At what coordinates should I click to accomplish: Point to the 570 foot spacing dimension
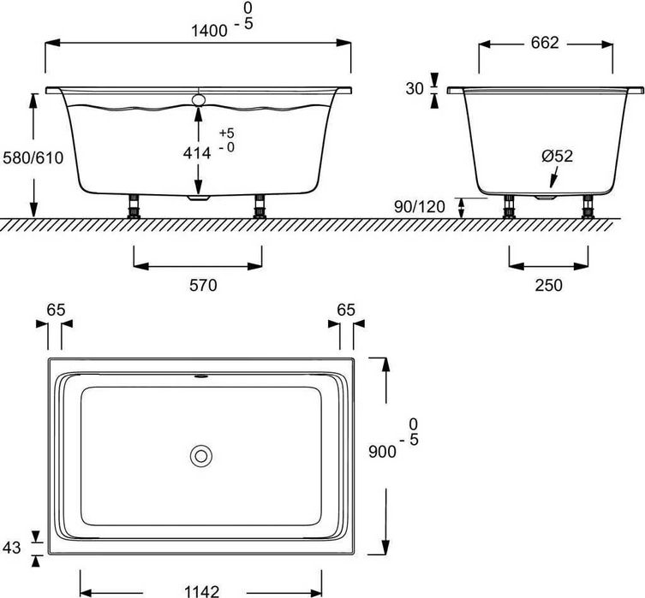tap(199, 285)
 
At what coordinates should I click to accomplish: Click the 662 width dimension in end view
tap(544, 43)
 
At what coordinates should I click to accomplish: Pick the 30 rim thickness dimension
tap(415, 90)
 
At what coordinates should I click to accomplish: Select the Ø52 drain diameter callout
tap(556, 156)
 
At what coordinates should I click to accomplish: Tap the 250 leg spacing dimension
tap(548, 285)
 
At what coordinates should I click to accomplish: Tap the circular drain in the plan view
tap(201, 455)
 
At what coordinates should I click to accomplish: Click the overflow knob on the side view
tap(200, 100)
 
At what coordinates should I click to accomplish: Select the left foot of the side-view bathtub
tap(134, 208)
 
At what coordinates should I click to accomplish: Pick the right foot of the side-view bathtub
tap(258, 208)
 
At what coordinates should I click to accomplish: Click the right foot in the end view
tap(588, 208)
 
